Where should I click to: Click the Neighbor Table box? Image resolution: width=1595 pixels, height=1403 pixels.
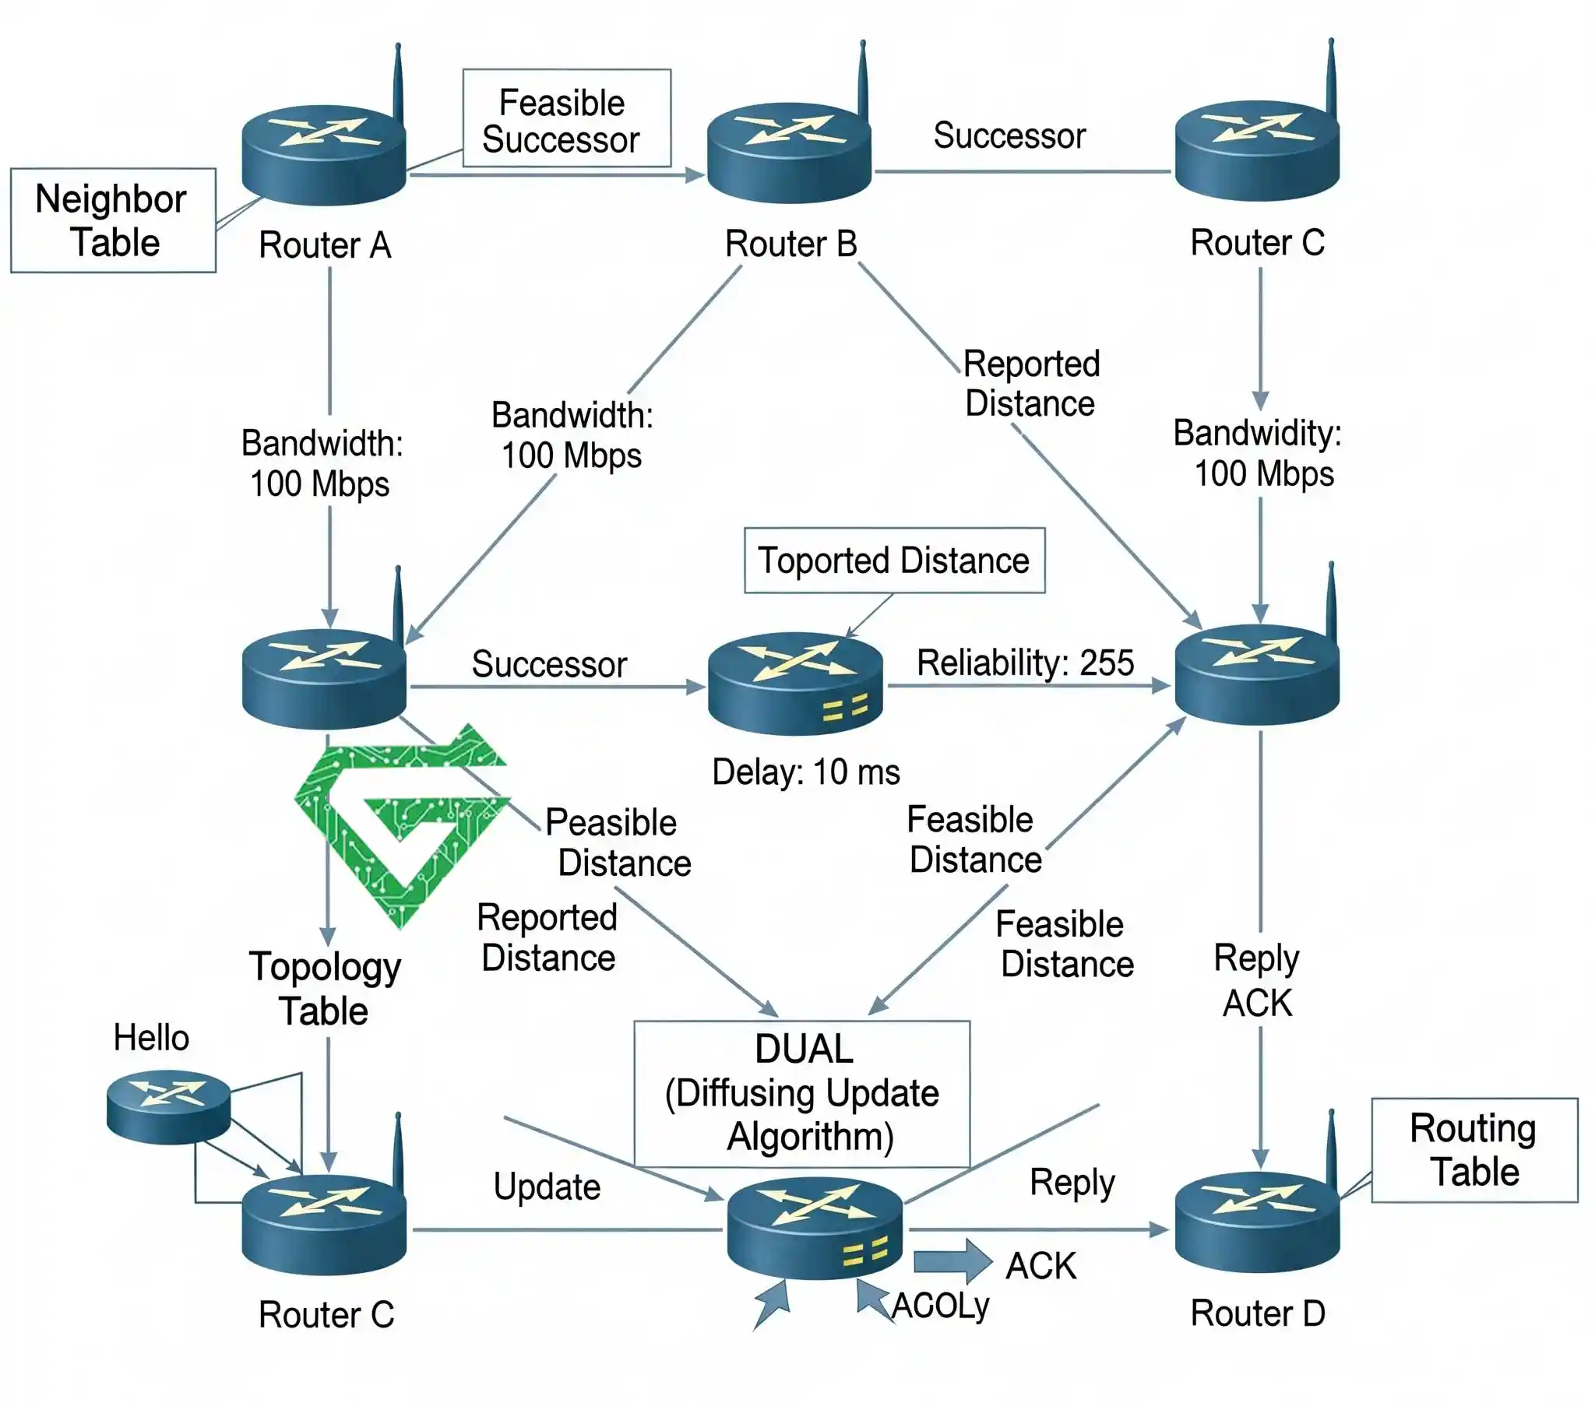coord(112,220)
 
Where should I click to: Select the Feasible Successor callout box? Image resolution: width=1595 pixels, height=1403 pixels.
coord(565,118)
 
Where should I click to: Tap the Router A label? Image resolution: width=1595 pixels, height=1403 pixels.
coord(325,245)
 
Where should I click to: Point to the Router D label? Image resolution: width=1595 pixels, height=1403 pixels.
coord(1257,1313)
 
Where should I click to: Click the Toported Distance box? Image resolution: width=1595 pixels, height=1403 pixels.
coord(894,561)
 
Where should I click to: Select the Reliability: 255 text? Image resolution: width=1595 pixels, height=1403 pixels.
coord(1025,663)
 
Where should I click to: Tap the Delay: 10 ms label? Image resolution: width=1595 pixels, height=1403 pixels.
coord(805,772)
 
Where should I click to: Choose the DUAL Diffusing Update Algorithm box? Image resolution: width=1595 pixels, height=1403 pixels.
coord(801,1093)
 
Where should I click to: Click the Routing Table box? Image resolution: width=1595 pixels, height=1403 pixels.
coord(1474,1150)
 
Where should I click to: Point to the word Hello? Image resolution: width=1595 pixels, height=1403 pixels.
coord(151,1038)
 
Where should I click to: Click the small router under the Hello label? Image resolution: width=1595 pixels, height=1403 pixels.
coord(168,1106)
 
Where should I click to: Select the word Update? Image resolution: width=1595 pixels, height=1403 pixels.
coord(547,1186)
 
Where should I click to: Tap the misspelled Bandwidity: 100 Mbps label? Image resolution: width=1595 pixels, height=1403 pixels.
coord(1258,453)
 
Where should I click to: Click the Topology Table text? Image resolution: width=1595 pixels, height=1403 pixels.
coord(325,989)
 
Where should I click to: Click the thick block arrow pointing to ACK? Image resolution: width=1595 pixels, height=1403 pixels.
coord(951,1261)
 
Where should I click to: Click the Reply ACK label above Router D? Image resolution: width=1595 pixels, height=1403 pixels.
coord(1256,980)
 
